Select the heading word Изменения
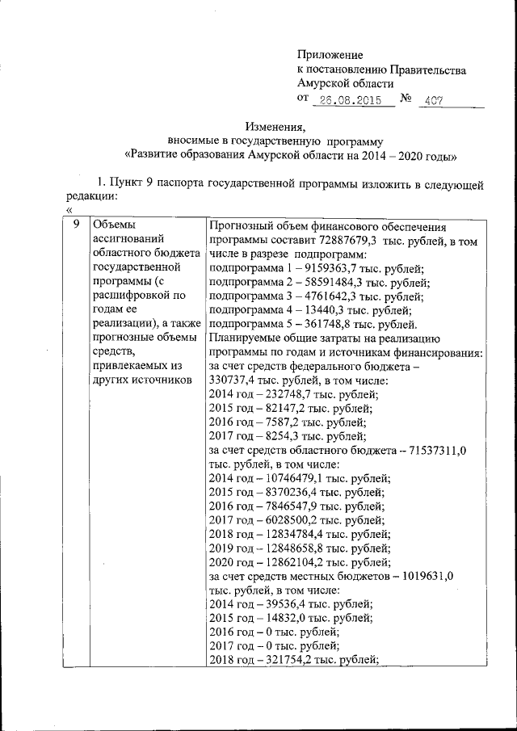pyautogui.click(x=275, y=126)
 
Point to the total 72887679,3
pyautogui.click(x=330, y=240)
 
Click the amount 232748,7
pyautogui.click(x=284, y=394)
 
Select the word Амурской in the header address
pyautogui.click(x=326, y=84)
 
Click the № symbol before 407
pyautogui.click(x=406, y=100)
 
